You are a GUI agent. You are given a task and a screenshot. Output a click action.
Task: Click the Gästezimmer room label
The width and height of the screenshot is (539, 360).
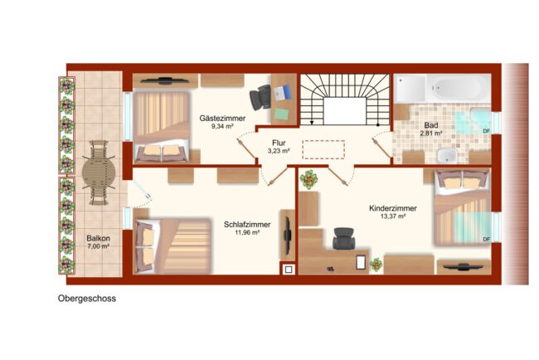[222, 119]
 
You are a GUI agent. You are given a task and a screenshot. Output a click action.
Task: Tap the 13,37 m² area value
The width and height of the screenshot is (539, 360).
[393, 216]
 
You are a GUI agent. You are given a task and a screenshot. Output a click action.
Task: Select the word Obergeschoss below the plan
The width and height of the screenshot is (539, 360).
[86, 299]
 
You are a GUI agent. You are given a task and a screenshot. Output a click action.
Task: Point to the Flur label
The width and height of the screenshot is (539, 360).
[279, 143]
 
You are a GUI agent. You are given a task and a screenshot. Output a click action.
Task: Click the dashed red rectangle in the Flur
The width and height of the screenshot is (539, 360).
[323, 149]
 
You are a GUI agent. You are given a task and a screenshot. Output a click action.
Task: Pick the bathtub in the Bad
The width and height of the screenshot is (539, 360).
[458, 89]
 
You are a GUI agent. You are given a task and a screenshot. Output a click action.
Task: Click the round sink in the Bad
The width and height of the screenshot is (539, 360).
[446, 156]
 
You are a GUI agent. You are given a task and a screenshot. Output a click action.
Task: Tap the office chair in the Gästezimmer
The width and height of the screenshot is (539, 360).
[260, 96]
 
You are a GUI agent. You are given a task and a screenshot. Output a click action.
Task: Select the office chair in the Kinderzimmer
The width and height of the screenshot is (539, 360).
[343, 238]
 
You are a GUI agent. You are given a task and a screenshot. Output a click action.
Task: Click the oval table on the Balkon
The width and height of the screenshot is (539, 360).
[99, 173]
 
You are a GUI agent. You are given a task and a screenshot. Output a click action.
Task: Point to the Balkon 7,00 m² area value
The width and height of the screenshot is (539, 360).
[99, 246]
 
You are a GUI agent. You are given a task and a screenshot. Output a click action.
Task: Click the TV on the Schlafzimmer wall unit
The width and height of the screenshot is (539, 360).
[287, 235]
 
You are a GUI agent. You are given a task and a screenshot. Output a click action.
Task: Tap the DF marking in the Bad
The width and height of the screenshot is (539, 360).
[486, 131]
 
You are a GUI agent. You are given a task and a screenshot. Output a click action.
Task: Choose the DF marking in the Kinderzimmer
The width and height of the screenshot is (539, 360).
[486, 240]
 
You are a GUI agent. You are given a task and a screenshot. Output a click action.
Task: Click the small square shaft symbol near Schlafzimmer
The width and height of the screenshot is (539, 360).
[289, 270]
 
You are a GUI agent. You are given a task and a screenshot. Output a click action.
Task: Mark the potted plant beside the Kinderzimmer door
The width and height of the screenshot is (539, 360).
[308, 179]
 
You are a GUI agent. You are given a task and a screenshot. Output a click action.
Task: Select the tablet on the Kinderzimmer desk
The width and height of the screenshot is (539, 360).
[361, 262]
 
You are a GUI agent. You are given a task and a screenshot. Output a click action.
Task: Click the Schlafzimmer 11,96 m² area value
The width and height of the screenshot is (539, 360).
[247, 232]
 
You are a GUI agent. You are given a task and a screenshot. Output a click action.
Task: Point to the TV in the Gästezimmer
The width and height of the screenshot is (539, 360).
[165, 80]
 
